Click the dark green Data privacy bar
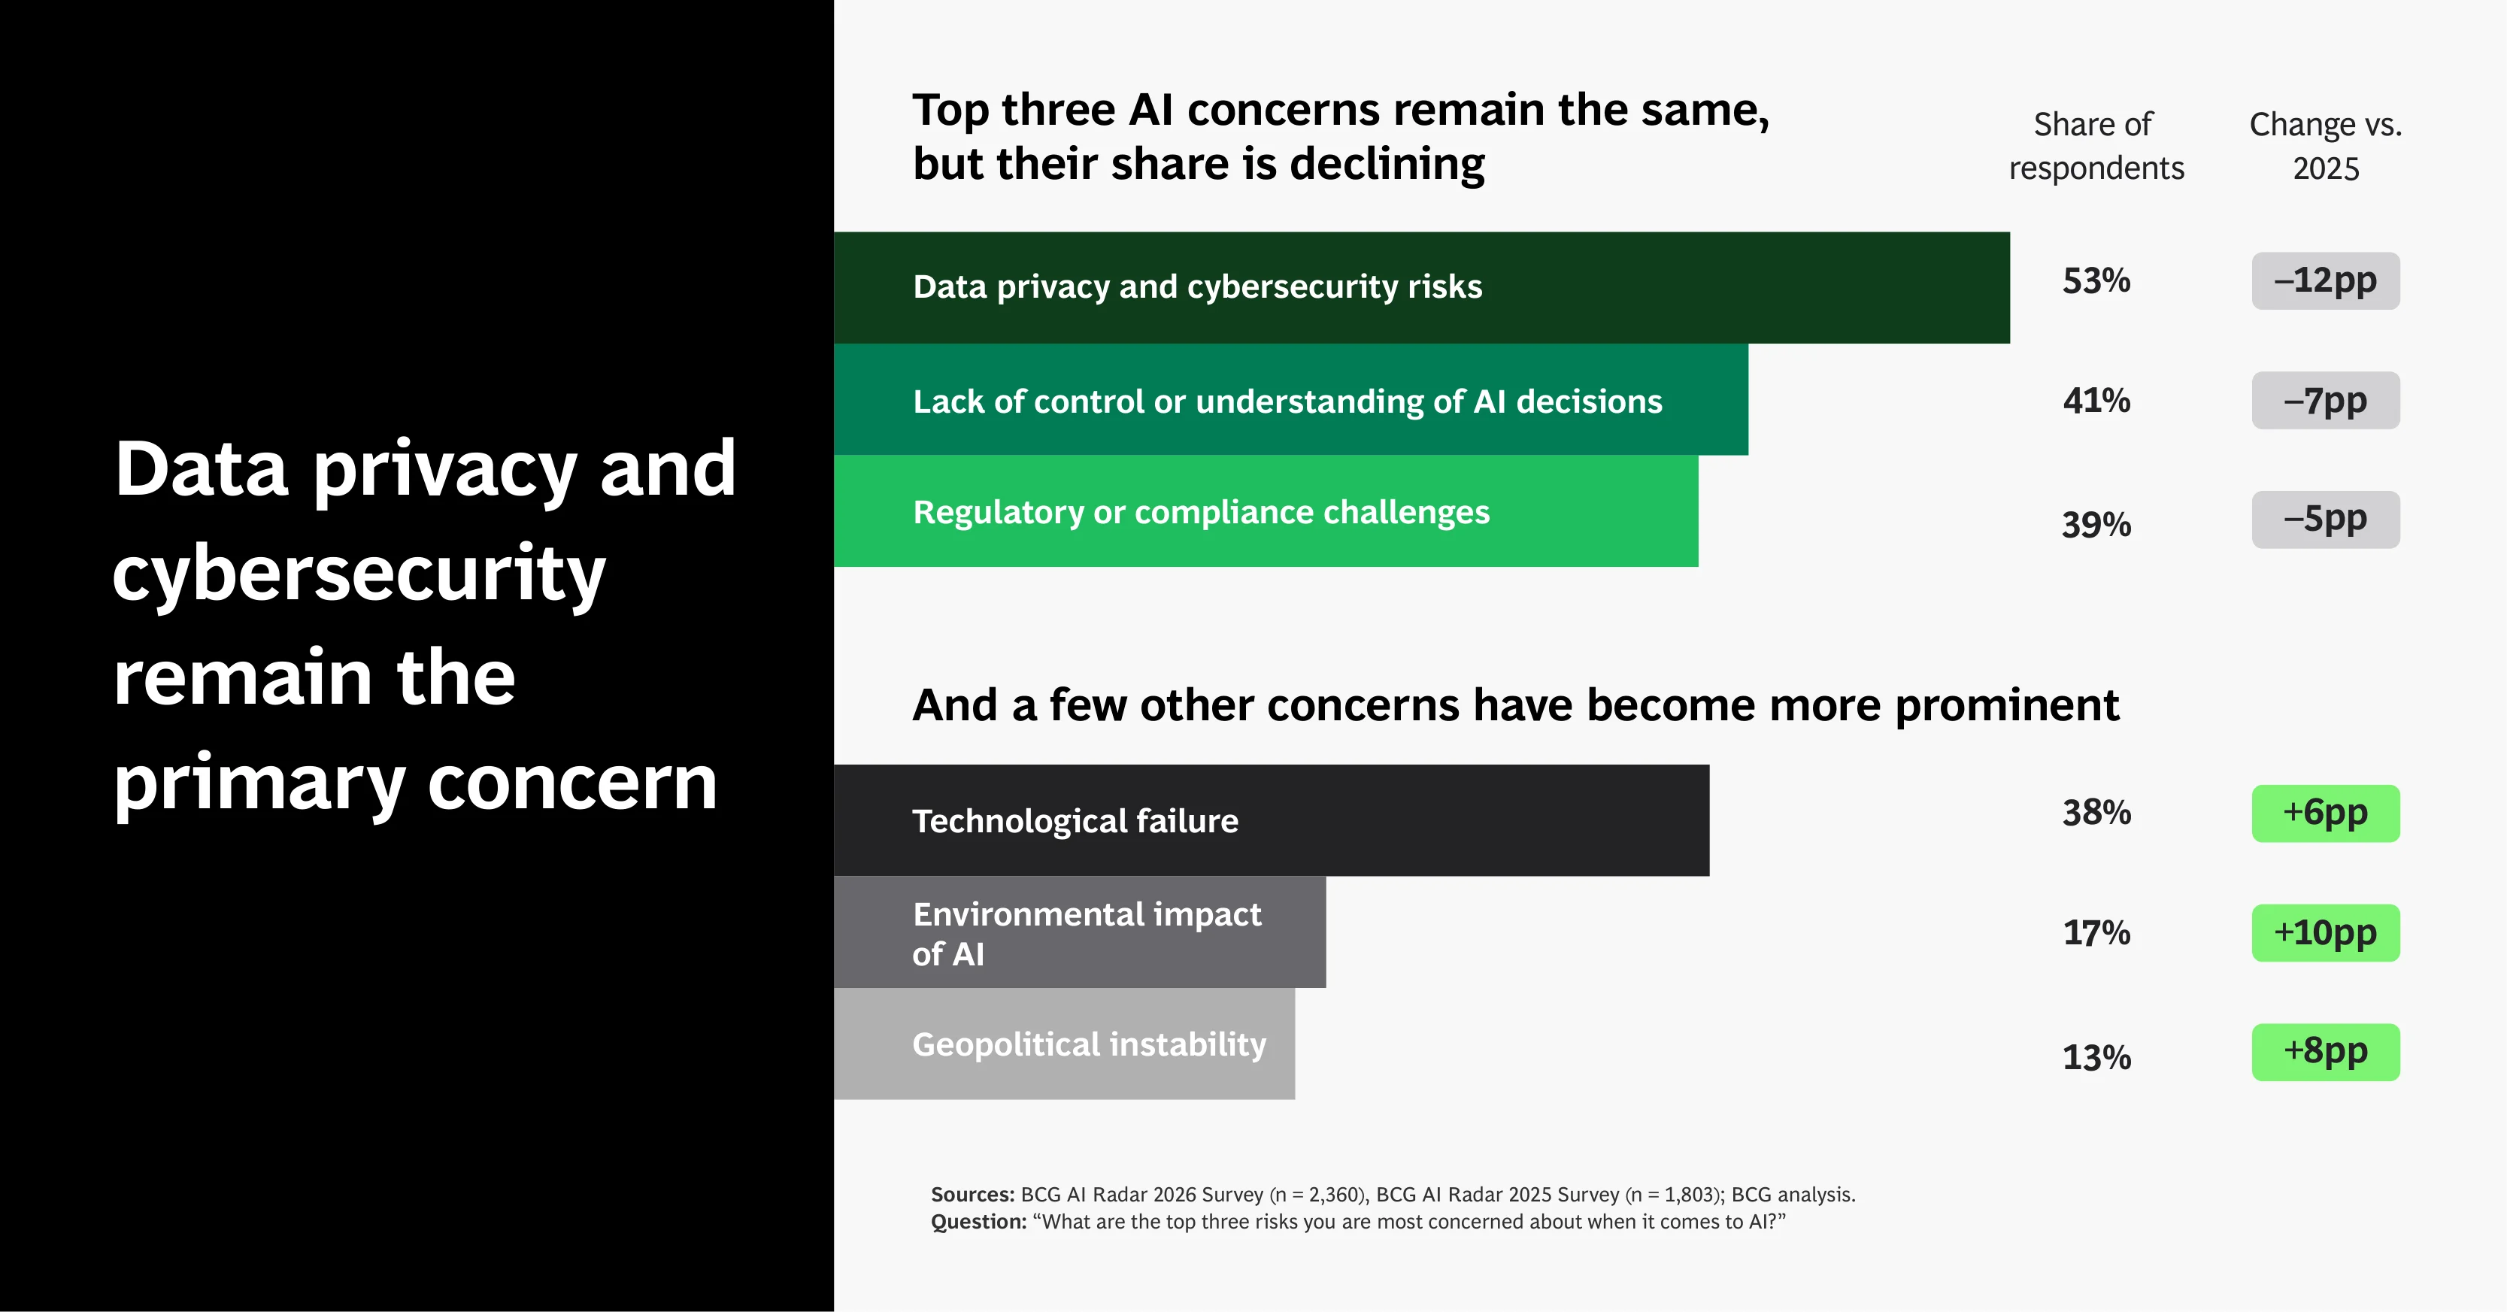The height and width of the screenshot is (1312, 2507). click(1422, 287)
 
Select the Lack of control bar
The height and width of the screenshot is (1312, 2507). click(1290, 399)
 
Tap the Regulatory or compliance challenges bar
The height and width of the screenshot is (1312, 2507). click(1266, 511)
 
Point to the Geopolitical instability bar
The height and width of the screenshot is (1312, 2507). click(1064, 1044)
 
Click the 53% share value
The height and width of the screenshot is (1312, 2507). click(2096, 281)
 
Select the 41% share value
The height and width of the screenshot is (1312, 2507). click(2096, 401)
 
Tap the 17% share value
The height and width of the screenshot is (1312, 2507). click(2096, 933)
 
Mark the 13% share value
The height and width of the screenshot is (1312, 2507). click(2096, 1057)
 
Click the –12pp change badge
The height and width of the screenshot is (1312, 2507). click(2325, 281)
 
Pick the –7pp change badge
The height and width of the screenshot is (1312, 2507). click(2325, 400)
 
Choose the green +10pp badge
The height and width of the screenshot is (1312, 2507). click(2325, 933)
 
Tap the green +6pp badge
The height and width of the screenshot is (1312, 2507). click(2325, 814)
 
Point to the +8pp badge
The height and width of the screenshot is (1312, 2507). click(2325, 1052)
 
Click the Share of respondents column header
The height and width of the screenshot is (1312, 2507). click(2096, 146)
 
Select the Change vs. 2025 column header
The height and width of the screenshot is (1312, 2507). click(2325, 146)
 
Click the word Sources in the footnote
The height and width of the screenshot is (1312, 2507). click(972, 1194)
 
